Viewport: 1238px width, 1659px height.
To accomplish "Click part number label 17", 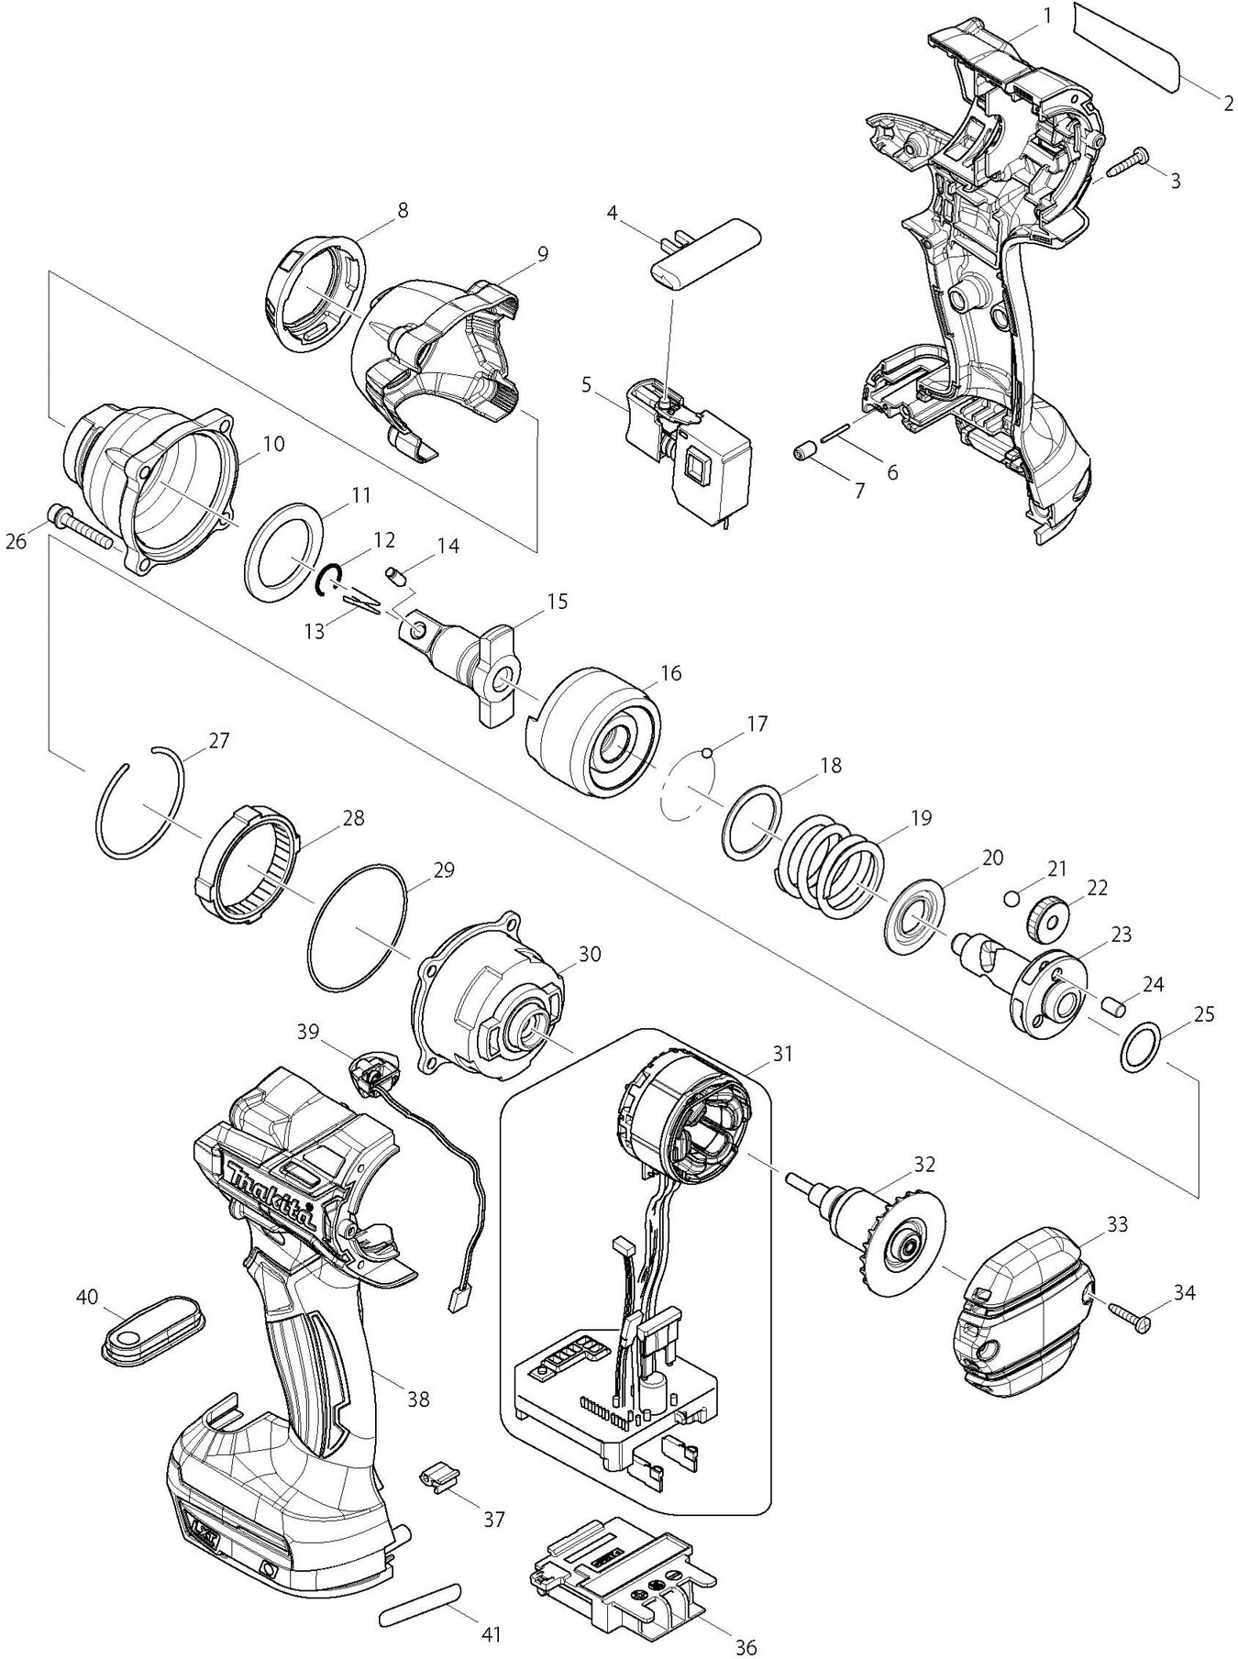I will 757,724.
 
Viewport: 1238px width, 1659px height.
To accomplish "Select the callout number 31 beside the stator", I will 781,1055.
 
